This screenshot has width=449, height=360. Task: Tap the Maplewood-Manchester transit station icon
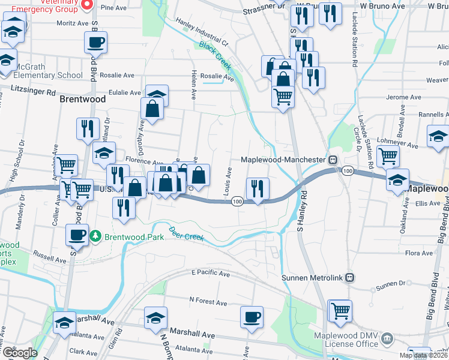coord(332,160)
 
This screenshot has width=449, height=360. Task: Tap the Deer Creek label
coord(187,233)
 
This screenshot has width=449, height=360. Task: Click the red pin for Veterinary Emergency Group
coord(86,5)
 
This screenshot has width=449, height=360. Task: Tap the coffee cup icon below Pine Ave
coord(95,43)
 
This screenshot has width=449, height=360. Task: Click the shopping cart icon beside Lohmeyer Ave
coord(388,156)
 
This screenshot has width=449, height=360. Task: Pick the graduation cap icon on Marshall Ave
coord(155,317)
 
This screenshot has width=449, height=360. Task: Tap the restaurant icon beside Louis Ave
coord(258,188)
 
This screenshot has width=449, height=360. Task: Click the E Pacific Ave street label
coord(211,273)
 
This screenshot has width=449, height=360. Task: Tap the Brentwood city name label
coord(83,99)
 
